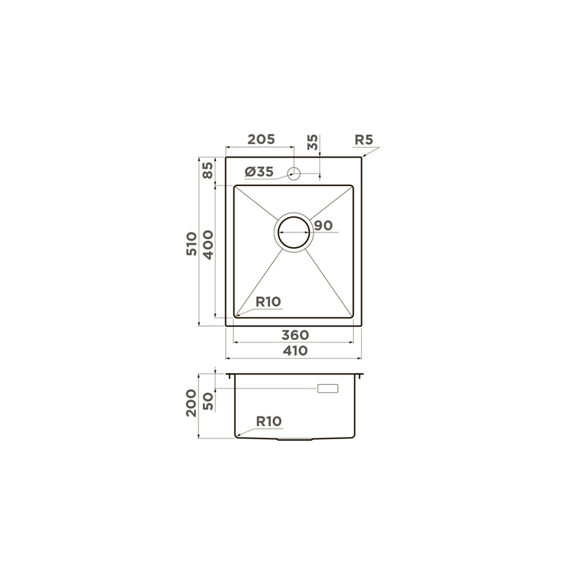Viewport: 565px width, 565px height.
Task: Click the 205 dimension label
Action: pyautogui.click(x=260, y=140)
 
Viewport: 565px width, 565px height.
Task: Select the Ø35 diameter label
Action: pyautogui.click(x=258, y=171)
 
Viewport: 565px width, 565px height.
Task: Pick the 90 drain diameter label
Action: pyautogui.click(x=323, y=226)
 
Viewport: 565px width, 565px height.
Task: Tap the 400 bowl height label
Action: pyautogui.click(x=208, y=244)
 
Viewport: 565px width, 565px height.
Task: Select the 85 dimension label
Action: pyautogui.click(x=208, y=171)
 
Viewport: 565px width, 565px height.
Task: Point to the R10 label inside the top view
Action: pyautogui.click(x=268, y=302)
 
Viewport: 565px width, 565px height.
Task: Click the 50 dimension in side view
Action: pyautogui.click(x=208, y=401)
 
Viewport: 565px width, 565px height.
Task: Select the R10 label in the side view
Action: pyautogui.click(x=269, y=422)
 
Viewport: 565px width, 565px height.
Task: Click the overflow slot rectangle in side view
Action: pyautogui.click(x=327, y=388)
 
